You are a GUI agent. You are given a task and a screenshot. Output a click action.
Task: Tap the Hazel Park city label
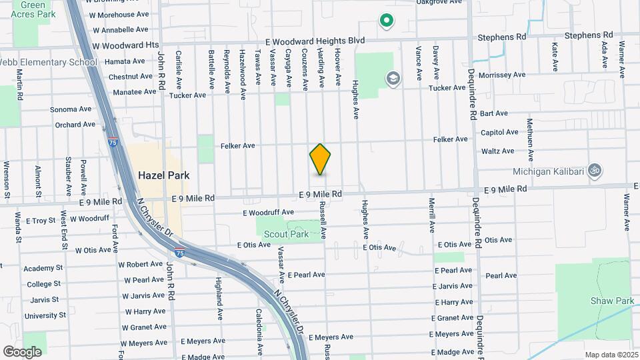click(163, 175)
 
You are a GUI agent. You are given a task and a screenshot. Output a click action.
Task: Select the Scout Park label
click(286, 234)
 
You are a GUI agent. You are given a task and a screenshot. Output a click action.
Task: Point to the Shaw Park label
click(612, 301)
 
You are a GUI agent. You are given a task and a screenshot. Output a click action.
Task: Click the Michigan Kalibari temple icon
click(595, 171)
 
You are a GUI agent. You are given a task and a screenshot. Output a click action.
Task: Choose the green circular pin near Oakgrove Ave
click(385, 21)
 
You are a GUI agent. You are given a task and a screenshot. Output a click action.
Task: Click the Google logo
click(22, 351)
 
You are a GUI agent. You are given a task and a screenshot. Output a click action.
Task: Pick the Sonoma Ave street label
click(72, 109)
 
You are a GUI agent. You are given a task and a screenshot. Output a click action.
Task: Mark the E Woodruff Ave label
click(268, 213)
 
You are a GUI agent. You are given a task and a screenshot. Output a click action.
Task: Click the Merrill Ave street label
click(432, 214)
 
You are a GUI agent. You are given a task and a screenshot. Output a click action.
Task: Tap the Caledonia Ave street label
click(259, 323)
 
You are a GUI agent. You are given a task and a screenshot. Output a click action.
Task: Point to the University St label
click(45, 315)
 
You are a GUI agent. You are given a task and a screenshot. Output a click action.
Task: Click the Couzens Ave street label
click(304, 69)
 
